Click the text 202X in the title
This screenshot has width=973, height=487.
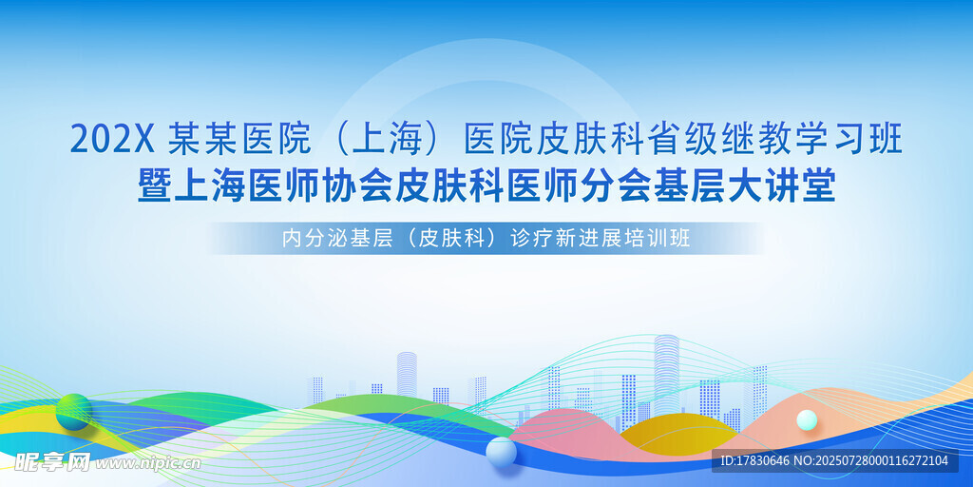pos(112,140)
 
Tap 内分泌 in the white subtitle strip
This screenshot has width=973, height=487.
pos(310,239)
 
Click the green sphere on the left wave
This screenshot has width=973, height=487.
pos(74,411)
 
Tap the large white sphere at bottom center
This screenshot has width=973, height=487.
pos(502,452)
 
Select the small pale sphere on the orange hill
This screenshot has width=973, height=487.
pos(807,419)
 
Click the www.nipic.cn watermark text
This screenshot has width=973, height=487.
pos(147,463)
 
